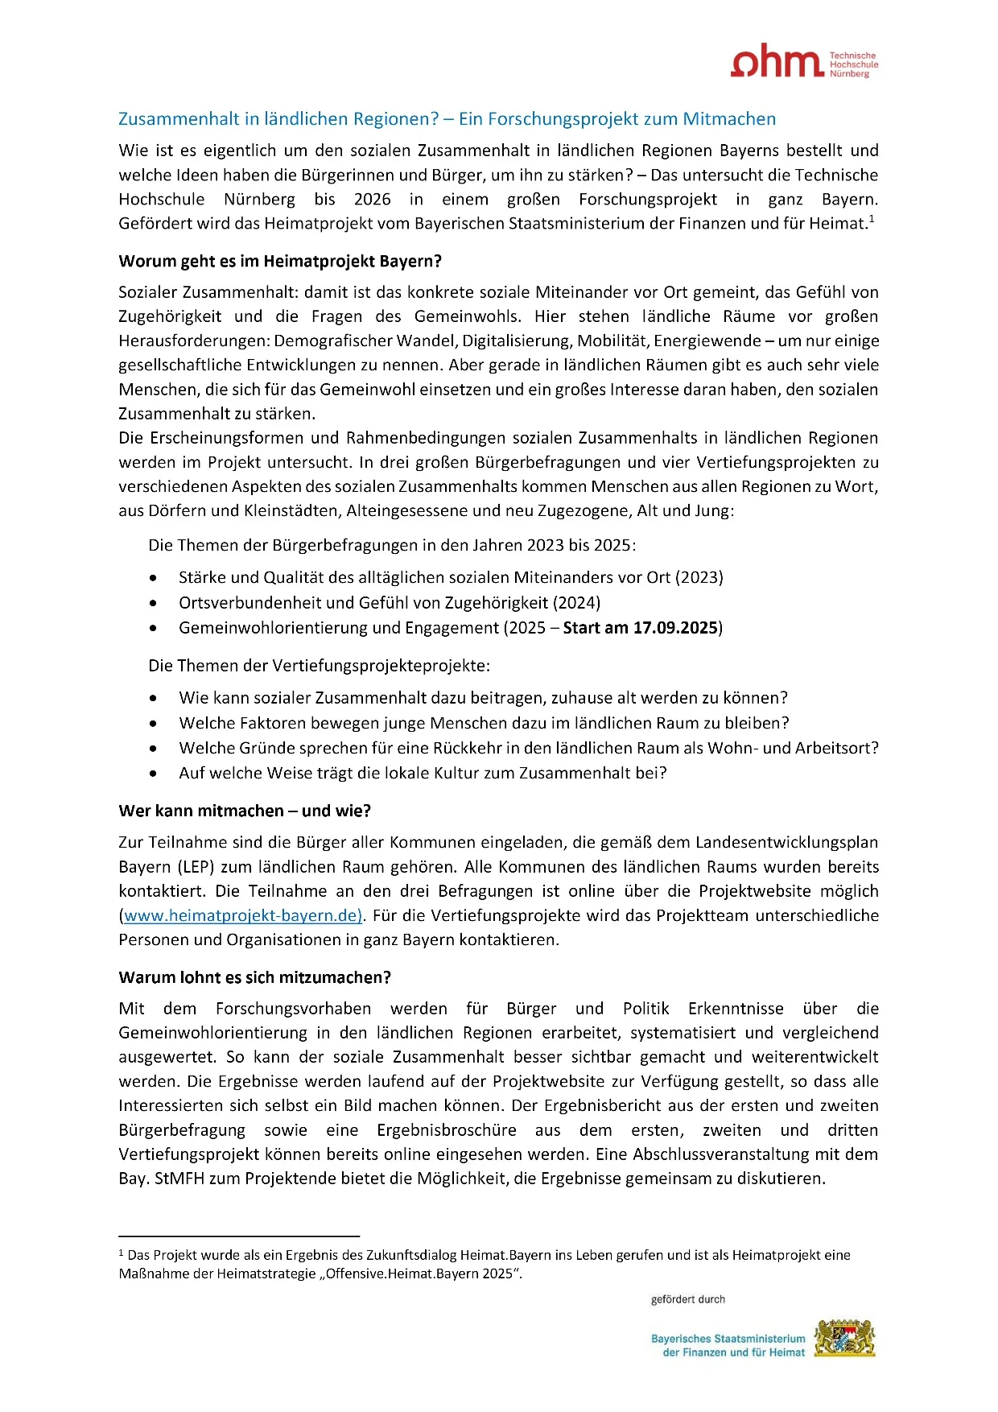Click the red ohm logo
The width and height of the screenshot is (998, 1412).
(x=776, y=62)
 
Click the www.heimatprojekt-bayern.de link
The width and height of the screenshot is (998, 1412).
(x=243, y=915)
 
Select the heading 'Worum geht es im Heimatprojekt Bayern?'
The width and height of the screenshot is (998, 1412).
(x=280, y=262)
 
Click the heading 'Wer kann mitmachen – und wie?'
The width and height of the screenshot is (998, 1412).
(x=245, y=811)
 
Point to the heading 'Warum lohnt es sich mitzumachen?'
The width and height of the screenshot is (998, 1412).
(x=254, y=977)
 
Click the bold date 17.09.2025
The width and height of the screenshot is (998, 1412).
(x=675, y=628)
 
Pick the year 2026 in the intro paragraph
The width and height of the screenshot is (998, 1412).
(x=372, y=200)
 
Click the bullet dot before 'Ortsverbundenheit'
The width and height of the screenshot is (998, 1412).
(x=154, y=603)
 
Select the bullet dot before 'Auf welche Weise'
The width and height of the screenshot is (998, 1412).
(x=154, y=774)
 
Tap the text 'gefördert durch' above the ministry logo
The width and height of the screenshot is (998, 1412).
(x=688, y=1299)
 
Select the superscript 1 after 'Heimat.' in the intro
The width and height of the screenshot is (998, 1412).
(x=872, y=218)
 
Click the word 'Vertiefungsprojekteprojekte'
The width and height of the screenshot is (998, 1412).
(x=381, y=666)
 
